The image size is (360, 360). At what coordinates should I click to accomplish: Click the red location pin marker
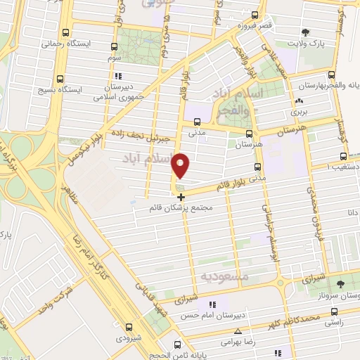(x=181, y=165)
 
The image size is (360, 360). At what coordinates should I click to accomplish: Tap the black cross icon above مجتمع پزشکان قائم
(x=181, y=196)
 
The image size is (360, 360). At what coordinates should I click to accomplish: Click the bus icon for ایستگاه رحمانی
(x=66, y=32)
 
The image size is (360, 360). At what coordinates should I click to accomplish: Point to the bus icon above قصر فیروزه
(x=255, y=15)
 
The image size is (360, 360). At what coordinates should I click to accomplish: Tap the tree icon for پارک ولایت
(x=304, y=32)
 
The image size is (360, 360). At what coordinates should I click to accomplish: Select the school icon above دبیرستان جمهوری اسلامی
(x=119, y=76)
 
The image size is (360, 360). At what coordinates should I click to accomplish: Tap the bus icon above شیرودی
(x=128, y=326)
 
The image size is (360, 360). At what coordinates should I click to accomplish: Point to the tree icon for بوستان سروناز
(x=340, y=284)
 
